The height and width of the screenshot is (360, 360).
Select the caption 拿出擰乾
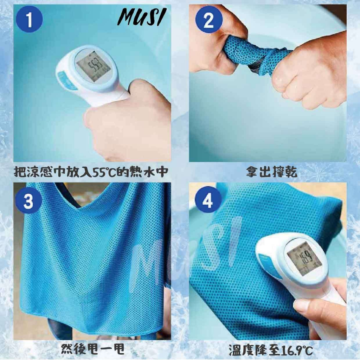pyautogui.click(x=272, y=172)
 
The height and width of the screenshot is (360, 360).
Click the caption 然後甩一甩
pyautogui.click(x=93, y=349)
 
